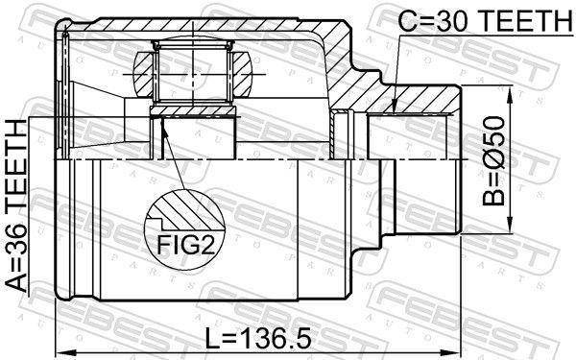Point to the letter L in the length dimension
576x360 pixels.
click(213, 337)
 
